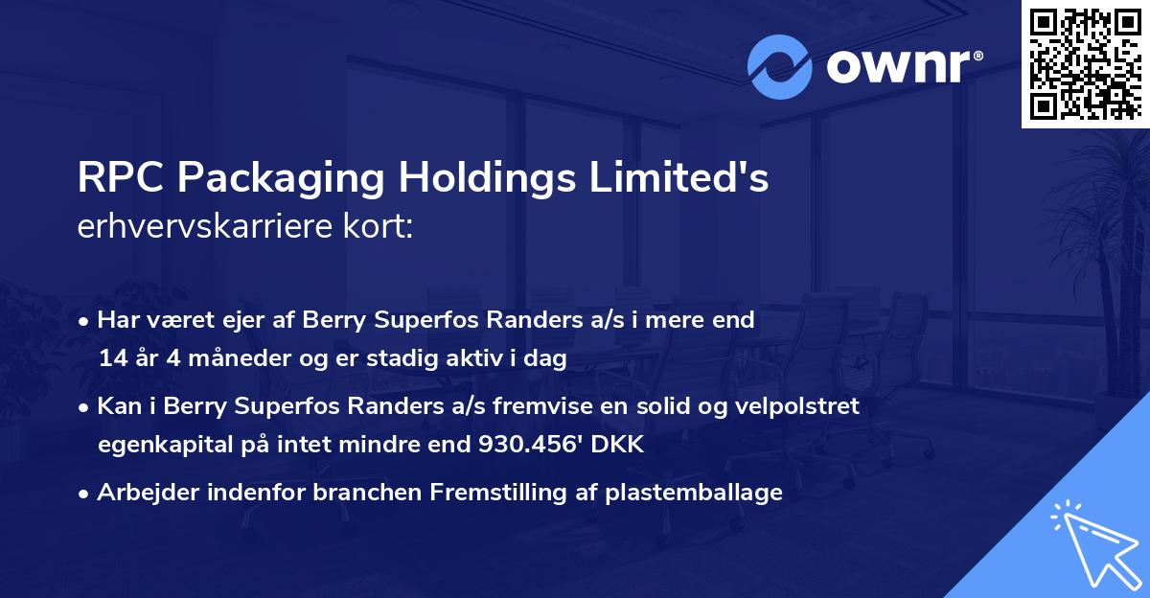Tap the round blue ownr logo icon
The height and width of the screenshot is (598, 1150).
780,66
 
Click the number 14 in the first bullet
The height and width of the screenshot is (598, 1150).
111,359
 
